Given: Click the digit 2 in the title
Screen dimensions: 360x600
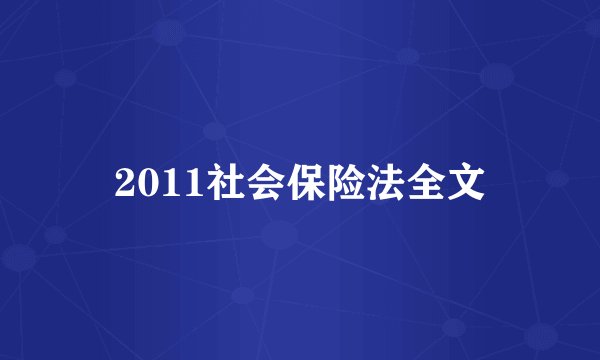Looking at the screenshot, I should point(124,184).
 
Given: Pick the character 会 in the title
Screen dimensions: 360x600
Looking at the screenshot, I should point(262,183).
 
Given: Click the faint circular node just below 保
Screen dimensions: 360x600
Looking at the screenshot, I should point(281,236).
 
